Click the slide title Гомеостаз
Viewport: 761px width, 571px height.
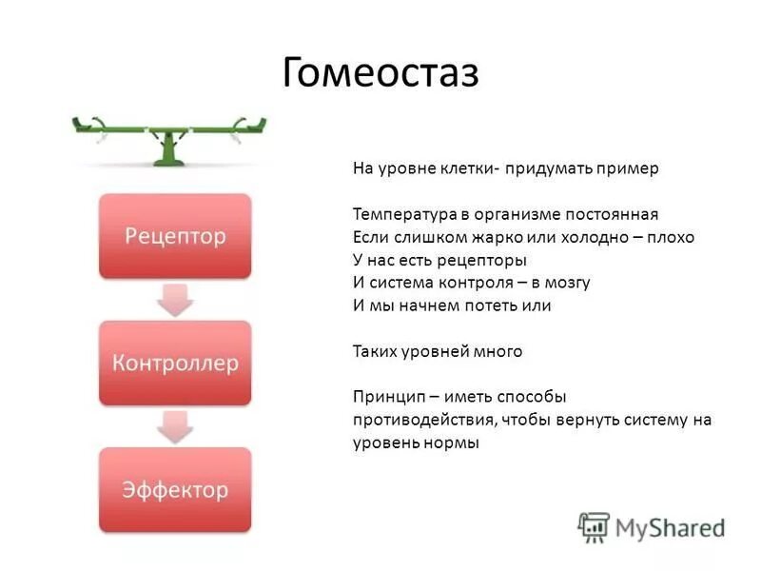tap(380, 72)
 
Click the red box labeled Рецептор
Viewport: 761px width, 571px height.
tap(175, 236)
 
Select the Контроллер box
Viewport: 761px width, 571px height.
tap(175, 363)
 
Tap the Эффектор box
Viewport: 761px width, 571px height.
tap(175, 489)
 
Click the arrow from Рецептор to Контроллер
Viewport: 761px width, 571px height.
tap(175, 300)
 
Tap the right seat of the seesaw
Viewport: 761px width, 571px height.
tap(249, 123)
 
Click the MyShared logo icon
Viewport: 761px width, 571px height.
tap(594, 526)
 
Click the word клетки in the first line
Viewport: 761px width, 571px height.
tap(465, 168)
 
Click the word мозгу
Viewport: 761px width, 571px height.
tap(567, 283)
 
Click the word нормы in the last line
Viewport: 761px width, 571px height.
tap(454, 443)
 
